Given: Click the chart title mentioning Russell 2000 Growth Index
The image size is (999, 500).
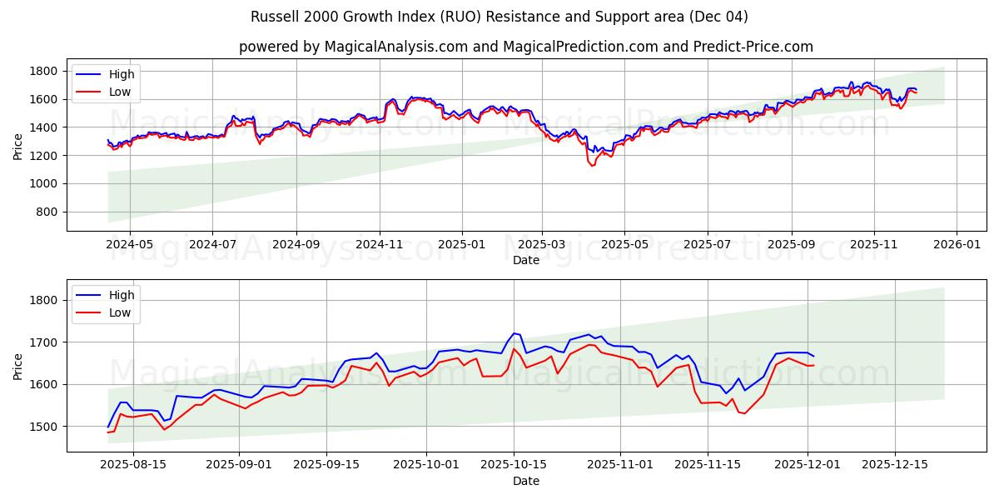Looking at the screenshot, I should (499, 17).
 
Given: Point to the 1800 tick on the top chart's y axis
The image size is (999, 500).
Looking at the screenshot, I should (47, 71).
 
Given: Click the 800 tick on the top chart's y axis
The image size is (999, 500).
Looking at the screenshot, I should (50, 212).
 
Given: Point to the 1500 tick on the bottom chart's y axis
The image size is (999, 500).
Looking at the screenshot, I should (47, 426).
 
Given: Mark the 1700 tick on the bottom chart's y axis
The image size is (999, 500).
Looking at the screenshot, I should (47, 342).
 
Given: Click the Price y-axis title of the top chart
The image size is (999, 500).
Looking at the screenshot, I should (18, 147).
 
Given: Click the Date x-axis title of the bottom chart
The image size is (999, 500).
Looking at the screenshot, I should (525, 481).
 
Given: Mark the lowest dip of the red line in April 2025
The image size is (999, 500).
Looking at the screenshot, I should (592, 166).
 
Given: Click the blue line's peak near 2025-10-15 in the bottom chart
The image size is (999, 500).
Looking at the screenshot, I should (514, 333).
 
